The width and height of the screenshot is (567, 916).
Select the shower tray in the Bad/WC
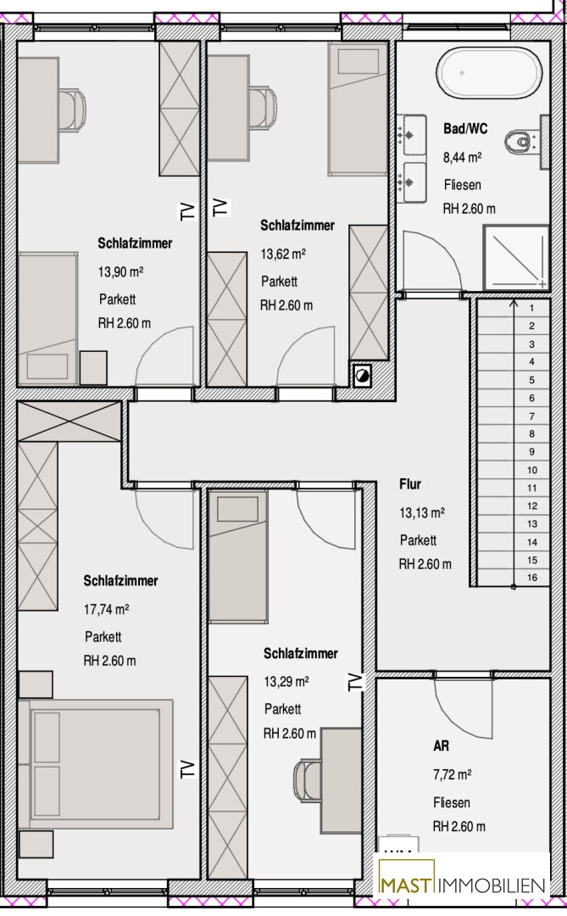tap(515, 257)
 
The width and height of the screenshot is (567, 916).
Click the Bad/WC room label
tap(465, 129)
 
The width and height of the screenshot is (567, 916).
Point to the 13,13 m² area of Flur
tap(421, 513)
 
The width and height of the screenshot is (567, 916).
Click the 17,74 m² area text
tap(106, 609)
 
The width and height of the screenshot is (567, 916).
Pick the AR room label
tap(441, 746)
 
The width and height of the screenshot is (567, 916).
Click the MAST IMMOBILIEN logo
tap(463, 885)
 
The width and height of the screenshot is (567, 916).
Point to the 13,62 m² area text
tap(283, 254)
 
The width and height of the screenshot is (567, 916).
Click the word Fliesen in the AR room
tap(452, 802)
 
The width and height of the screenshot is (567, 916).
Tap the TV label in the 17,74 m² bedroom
tap(186, 768)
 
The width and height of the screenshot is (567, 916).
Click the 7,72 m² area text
tap(452, 774)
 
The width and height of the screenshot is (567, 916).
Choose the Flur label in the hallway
tap(410, 484)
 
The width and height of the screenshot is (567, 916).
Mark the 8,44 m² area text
tap(463, 157)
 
